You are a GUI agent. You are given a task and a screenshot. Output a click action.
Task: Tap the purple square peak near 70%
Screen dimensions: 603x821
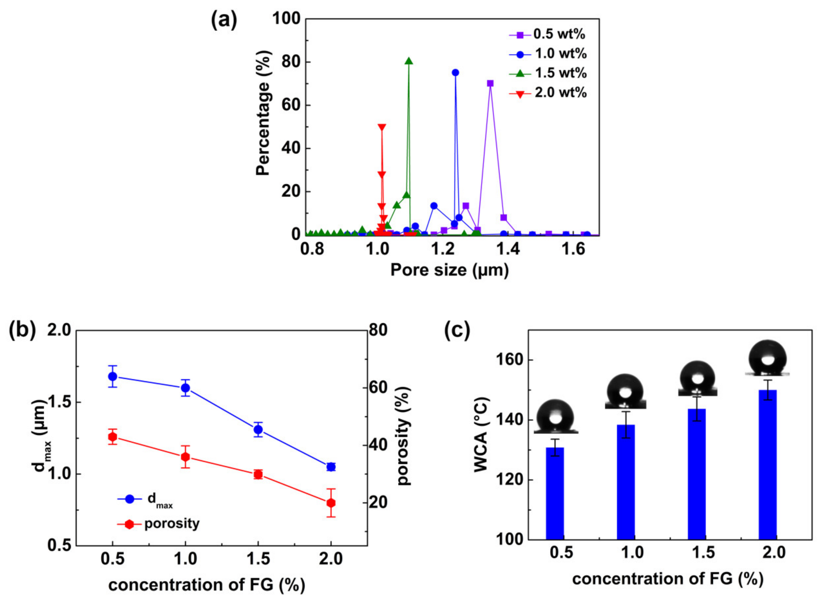pyautogui.click(x=490, y=83)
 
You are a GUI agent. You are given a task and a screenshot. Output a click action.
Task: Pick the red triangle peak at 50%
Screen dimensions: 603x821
pyautogui.click(x=382, y=127)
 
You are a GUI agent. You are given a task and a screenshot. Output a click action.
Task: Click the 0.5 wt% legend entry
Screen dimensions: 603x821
pyautogui.click(x=548, y=34)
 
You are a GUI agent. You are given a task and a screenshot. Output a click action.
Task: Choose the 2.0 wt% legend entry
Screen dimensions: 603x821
pyautogui.click(x=548, y=93)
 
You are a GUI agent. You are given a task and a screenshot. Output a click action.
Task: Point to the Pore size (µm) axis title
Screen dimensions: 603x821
pyautogui.click(x=449, y=270)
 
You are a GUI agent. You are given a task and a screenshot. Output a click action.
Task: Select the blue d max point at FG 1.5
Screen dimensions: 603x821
pyautogui.click(x=258, y=430)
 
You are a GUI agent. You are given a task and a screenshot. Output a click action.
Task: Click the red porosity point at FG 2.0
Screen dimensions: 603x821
pyautogui.click(x=331, y=503)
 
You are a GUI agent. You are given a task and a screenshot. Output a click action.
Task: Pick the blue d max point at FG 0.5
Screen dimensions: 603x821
pyautogui.click(x=113, y=376)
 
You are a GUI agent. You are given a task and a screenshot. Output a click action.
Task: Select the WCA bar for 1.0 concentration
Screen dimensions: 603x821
pyautogui.click(x=626, y=482)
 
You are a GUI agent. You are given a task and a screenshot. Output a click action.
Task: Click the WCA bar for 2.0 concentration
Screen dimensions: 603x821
pyautogui.click(x=767, y=464)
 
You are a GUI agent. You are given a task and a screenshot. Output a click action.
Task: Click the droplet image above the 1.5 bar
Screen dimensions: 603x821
pyautogui.click(x=697, y=378)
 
